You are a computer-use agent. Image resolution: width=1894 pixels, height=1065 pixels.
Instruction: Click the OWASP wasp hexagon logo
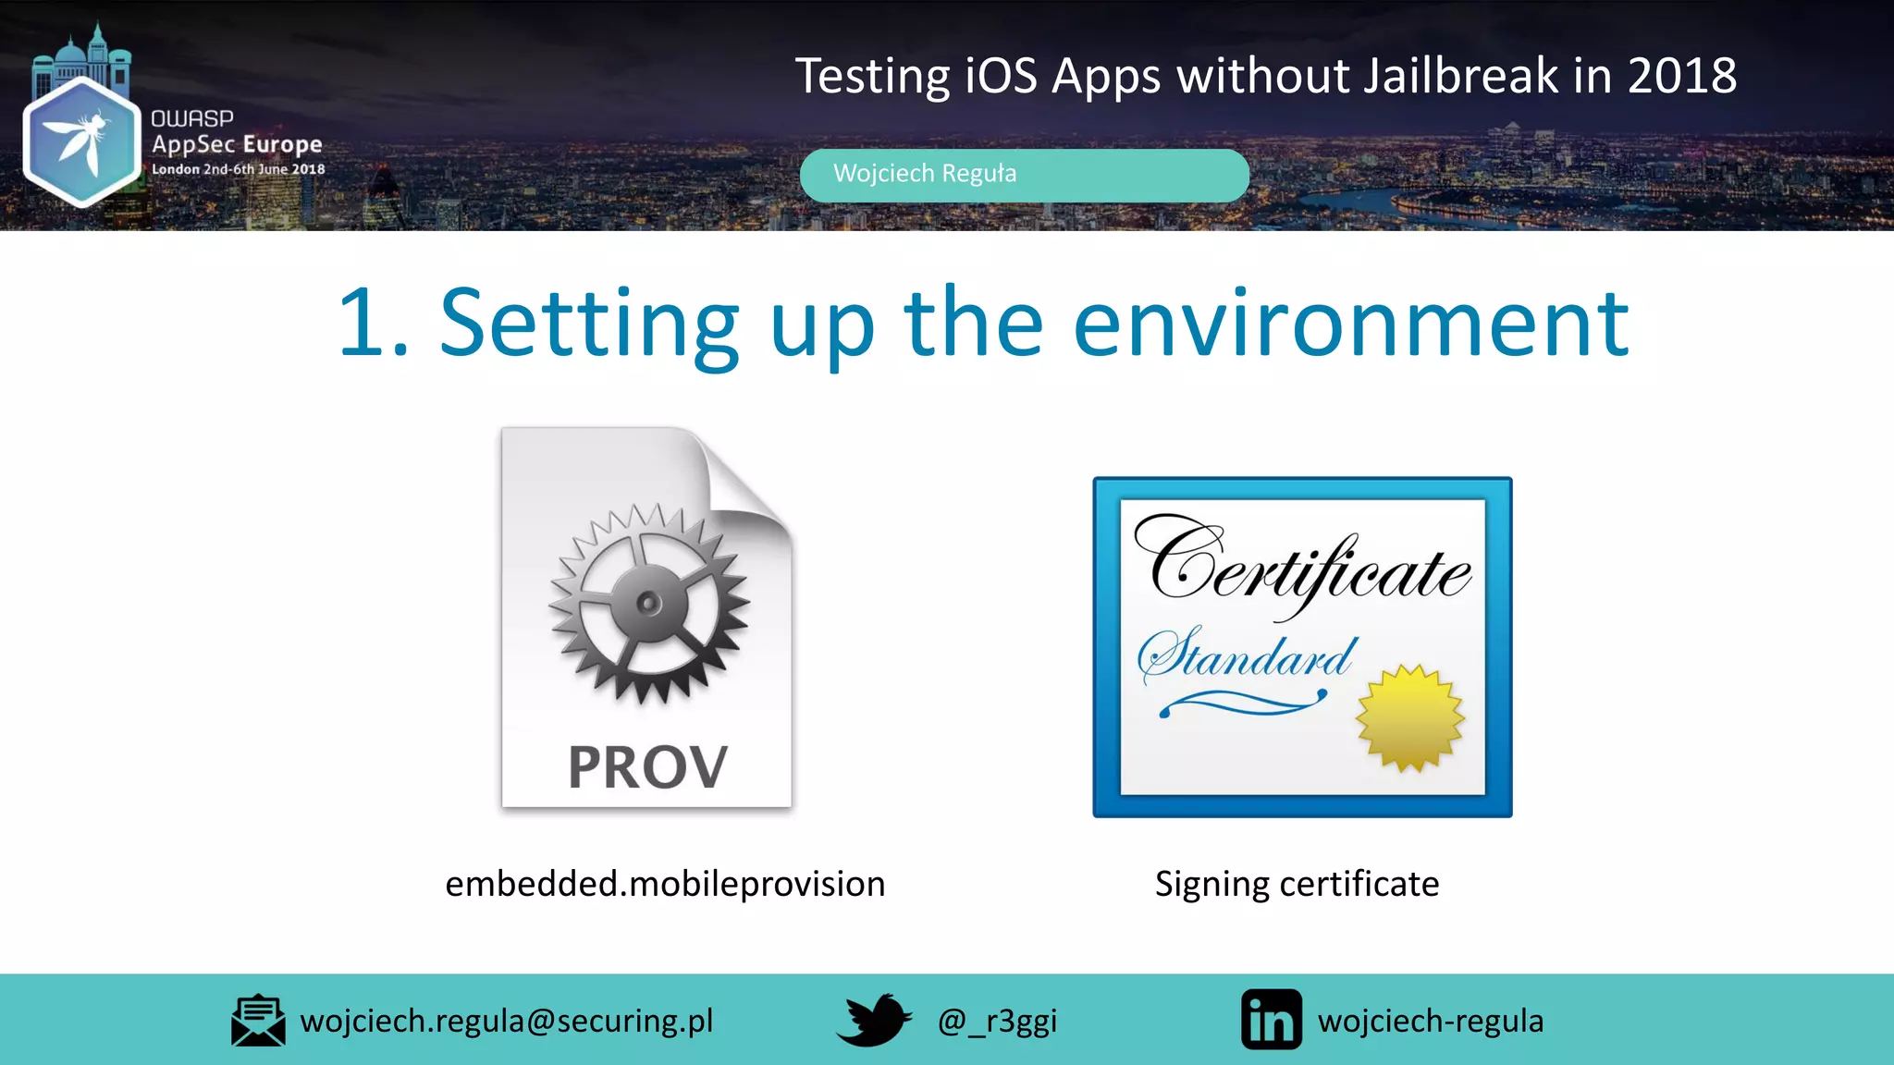coord(81,141)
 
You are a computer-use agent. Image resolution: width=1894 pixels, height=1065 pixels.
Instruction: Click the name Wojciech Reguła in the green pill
coord(924,174)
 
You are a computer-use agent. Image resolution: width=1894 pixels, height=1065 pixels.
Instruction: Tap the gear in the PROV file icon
coord(649,604)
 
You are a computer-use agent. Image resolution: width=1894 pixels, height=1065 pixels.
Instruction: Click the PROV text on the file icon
coord(647,767)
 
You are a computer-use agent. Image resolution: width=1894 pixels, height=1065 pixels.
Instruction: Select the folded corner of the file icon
coord(744,476)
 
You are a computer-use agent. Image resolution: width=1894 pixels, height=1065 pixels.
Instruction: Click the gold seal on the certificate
coord(1409,717)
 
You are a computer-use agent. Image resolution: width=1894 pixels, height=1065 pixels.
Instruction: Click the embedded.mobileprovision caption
coord(665,884)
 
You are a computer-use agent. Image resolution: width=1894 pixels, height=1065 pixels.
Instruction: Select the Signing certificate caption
coord(1297,884)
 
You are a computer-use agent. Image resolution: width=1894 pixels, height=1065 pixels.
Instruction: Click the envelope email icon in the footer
coord(258,1021)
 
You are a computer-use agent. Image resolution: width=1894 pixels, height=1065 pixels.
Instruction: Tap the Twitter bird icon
coord(874,1020)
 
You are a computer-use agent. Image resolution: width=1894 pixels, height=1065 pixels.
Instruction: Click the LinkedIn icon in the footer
coord(1271,1020)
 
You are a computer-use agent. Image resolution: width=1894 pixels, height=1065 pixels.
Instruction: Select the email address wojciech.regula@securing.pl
coord(507,1021)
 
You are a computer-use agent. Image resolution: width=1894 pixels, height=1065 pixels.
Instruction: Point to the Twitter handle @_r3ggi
coord(997,1021)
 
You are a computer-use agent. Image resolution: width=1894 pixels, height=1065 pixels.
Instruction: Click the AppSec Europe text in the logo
coord(237,144)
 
